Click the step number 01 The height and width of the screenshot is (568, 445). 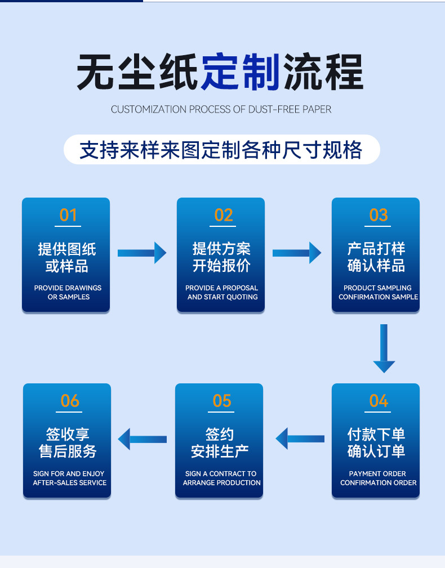(x=68, y=215)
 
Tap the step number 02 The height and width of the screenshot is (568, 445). (x=223, y=215)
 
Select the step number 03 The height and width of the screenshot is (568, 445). (x=378, y=215)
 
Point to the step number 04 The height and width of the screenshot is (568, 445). (x=378, y=401)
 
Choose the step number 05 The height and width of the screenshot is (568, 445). (x=222, y=401)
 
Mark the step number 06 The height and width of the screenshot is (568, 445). (x=70, y=401)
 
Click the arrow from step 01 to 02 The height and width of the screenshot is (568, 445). (x=142, y=253)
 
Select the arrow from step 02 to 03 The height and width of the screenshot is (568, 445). (x=297, y=253)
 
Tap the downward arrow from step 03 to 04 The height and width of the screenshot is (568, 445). (x=384, y=348)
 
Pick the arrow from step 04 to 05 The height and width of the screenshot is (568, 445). (x=300, y=439)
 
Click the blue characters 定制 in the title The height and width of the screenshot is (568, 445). (x=241, y=73)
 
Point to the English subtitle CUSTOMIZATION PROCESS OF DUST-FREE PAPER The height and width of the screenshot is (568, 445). (x=221, y=109)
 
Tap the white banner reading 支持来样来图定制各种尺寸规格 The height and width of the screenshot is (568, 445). (x=221, y=150)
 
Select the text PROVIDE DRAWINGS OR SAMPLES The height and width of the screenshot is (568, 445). (x=68, y=292)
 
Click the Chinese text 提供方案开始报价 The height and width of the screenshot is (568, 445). (x=222, y=257)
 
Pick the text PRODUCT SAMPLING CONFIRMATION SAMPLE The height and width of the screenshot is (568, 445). (x=378, y=292)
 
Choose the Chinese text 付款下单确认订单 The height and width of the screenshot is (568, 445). (x=376, y=443)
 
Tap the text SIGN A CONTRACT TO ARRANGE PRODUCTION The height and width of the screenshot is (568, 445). (x=221, y=478)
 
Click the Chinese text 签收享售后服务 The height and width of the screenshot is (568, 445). (x=68, y=443)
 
